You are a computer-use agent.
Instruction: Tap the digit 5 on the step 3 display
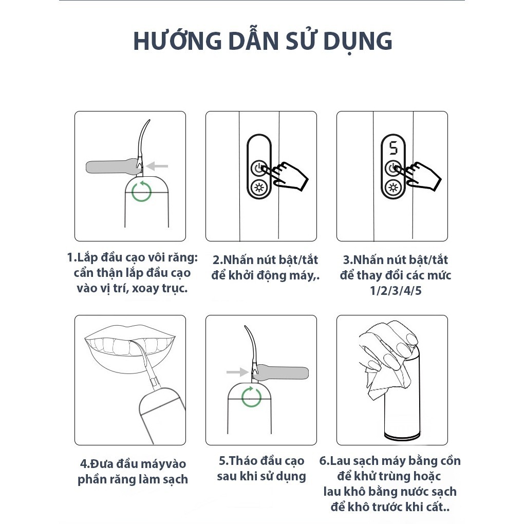[394, 148]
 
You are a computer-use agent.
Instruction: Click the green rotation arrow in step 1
[141, 191]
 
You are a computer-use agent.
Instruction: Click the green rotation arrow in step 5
[251, 397]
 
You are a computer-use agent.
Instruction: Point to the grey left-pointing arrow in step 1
[157, 166]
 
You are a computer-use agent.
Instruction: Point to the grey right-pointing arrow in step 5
[238, 371]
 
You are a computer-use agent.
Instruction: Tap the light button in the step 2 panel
[259, 187]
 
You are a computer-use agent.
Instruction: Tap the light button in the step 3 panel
[393, 188]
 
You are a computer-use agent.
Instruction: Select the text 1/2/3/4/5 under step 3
[396, 290]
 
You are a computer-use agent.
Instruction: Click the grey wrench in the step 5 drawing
[280, 372]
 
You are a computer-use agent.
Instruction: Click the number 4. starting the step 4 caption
[85, 464]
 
